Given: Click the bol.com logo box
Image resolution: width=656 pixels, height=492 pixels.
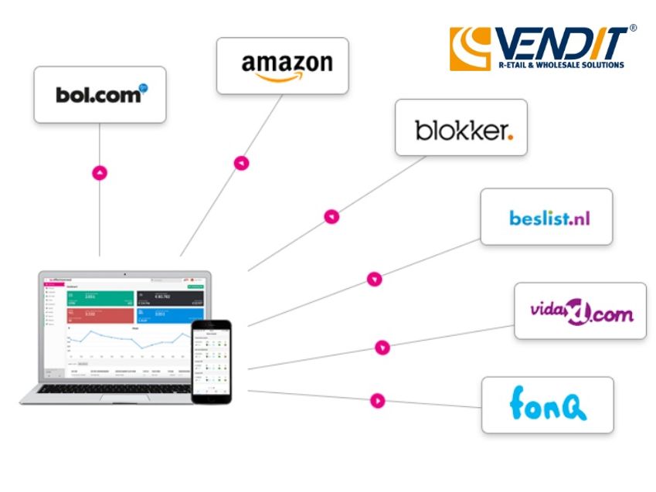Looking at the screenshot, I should [x=100, y=94].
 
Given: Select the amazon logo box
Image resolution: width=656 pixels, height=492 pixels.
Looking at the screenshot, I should [x=282, y=66].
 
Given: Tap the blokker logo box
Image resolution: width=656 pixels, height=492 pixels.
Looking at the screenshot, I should [x=461, y=127].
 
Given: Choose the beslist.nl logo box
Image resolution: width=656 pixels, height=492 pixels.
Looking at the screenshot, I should [x=546, y=217].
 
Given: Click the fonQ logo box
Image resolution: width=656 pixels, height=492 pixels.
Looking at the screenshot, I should [x=547, y=404].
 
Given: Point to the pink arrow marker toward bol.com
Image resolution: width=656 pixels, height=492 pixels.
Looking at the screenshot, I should [x=100, y=173].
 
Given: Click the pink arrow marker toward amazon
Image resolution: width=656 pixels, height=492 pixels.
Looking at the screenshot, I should [x=242, y=163].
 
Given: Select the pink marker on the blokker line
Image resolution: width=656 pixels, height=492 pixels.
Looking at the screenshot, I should [x=331, y=217].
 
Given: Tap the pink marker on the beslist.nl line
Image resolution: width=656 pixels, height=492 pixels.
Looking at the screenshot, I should [x=375, y=279].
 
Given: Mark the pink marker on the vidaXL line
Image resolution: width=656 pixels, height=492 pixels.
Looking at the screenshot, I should [x=382, y=348].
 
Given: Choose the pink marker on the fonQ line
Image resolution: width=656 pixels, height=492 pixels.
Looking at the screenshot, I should [x=377, y=400].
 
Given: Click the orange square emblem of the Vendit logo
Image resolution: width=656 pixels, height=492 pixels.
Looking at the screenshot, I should [x=471, y=49].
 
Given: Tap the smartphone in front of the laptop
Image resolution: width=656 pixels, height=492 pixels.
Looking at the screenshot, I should [x=212, y=361].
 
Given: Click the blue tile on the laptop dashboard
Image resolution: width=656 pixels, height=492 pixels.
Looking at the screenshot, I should [x=165, y=317].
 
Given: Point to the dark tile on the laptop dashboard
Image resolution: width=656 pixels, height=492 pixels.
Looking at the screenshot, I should [x=165, y=299].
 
